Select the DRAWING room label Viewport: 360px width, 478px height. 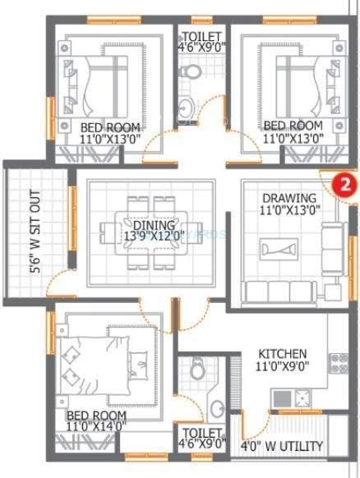pyautogui.click(x=289, y=198)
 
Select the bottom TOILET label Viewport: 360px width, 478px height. pyautogui.click(x=202, y=432)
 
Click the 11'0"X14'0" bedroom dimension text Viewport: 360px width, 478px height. pyautogui.click(x=96, y=425)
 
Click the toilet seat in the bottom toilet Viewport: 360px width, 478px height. pyautogui.click(x=197, y=372)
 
